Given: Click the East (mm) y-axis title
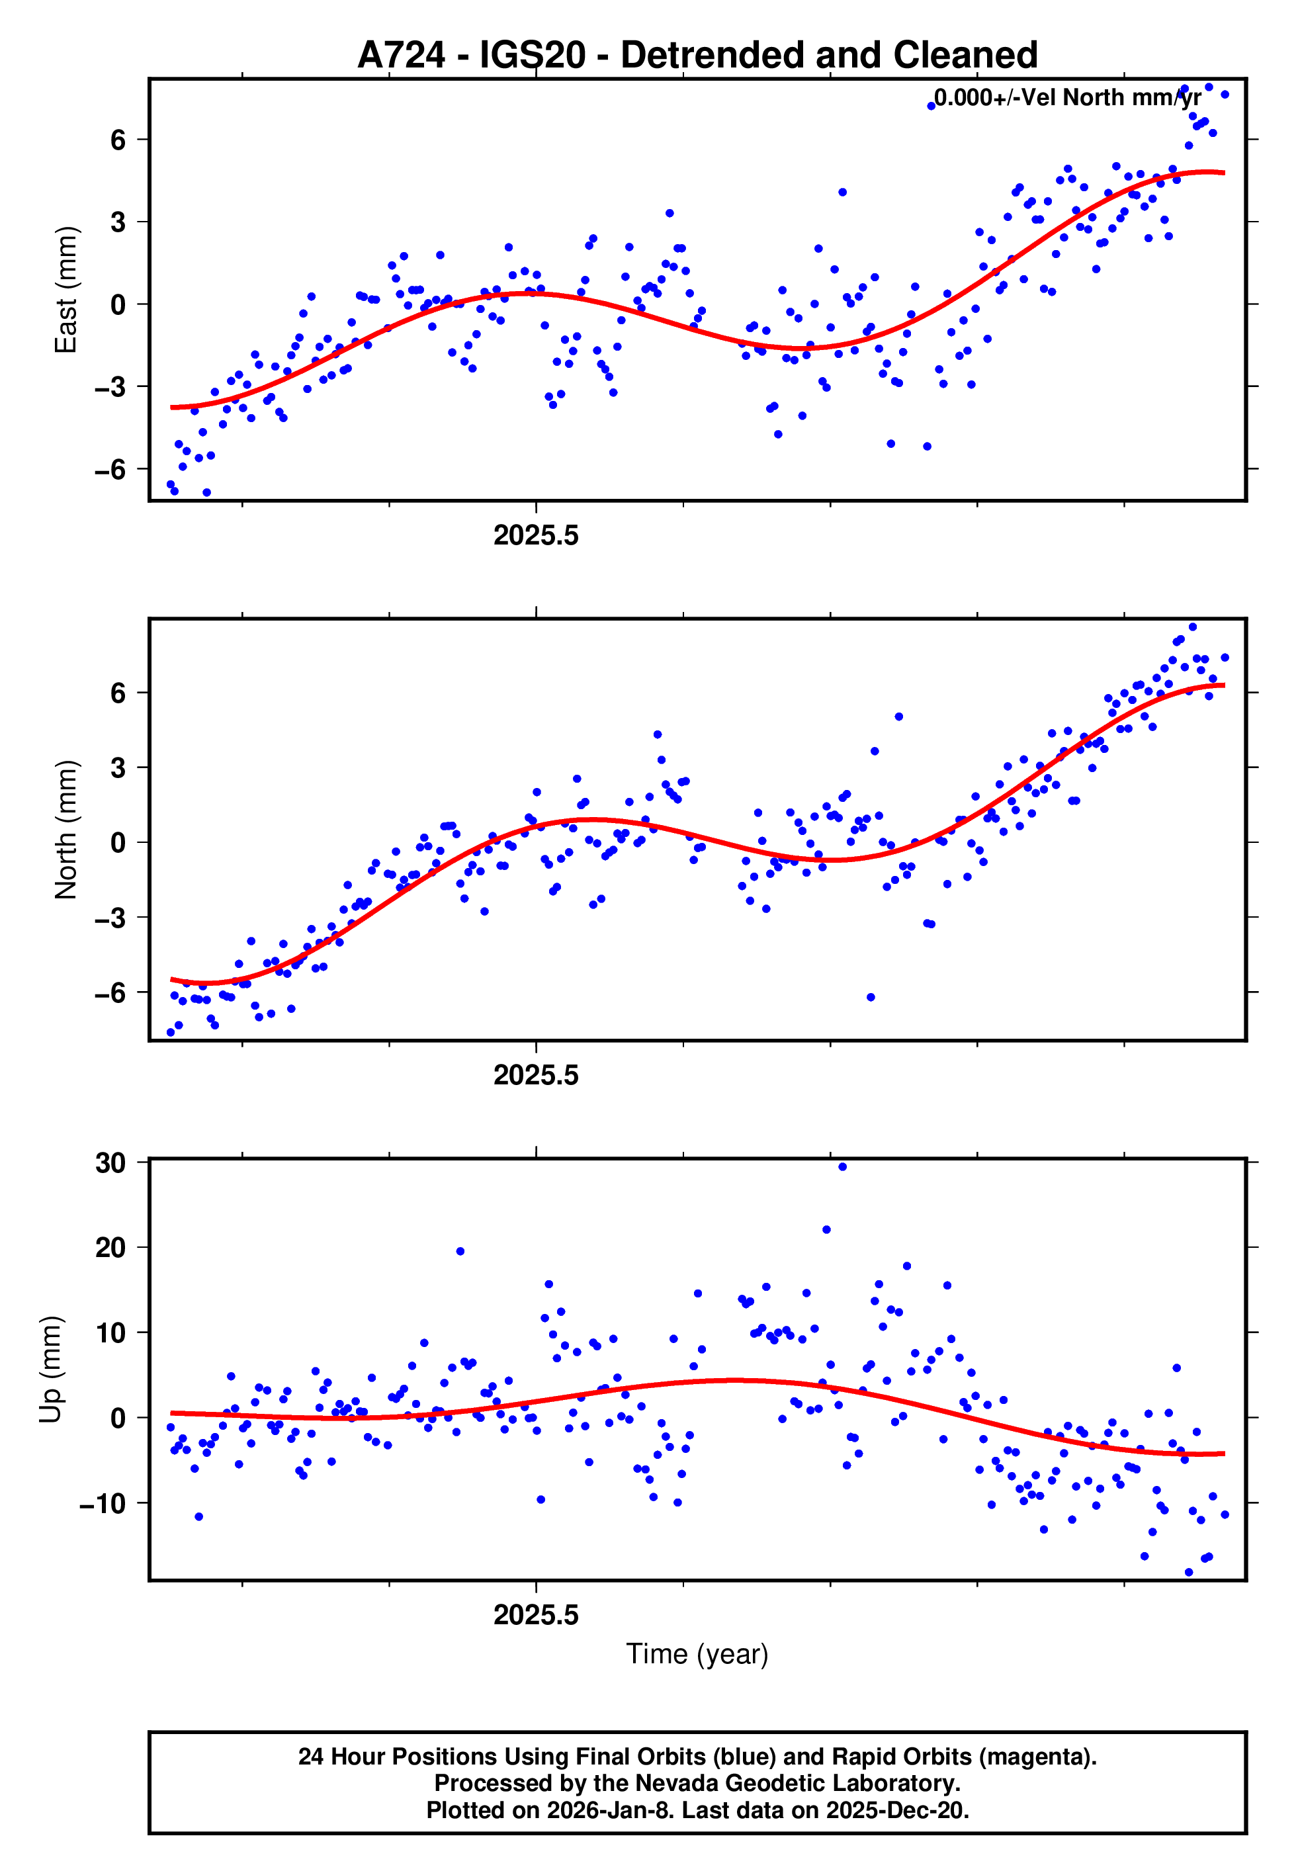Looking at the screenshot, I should point(65,290).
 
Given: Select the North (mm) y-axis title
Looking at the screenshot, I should point(65,830).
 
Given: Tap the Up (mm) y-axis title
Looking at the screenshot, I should point(50,1370).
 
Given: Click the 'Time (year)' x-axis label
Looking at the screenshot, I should point(697,1654).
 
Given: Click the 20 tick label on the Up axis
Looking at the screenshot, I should point(110,1247).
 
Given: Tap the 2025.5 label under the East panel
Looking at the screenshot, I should point(536,535).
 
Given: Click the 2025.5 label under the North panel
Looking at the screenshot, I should point(536,1075).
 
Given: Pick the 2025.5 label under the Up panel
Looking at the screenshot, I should point(536,1615).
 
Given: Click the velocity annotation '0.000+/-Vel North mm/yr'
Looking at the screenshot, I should point(1067,97).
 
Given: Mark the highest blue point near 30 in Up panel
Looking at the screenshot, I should point(843,1167).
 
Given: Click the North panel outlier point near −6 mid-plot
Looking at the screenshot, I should point(870,997).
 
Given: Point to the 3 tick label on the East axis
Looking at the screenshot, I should point(118,222).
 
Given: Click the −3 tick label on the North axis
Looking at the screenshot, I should point(110,917).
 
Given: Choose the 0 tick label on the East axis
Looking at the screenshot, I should point(118,304).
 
